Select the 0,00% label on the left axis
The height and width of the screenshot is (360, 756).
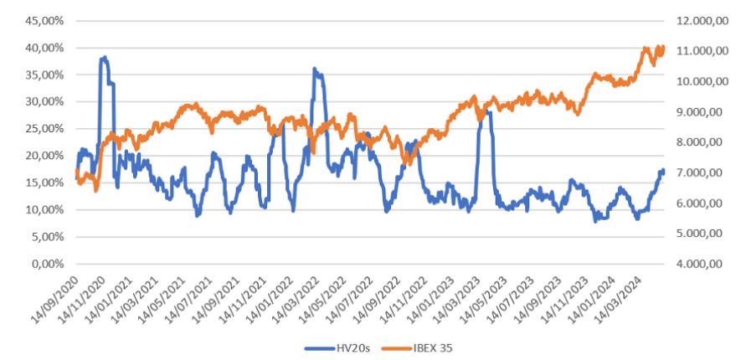coord(49,264)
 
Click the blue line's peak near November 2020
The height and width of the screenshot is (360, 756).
coord(104,57)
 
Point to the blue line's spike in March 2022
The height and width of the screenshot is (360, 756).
coord(315,69)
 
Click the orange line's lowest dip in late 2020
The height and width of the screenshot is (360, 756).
coord(95,191)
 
